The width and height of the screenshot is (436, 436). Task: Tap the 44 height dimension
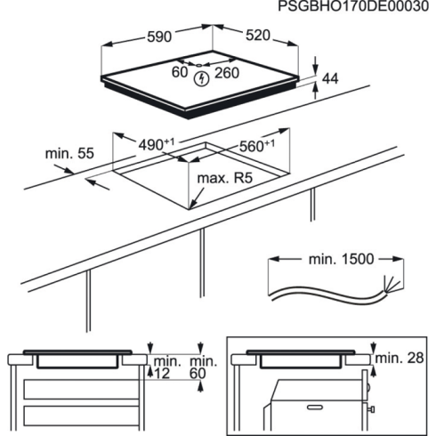[x=330, y=79]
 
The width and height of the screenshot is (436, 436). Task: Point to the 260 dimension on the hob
[x=228, y=74]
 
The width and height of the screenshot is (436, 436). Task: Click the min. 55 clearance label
[x=69, y=154]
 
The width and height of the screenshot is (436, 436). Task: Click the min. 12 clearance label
[x=166, y=366]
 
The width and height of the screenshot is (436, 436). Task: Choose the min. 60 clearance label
[x=203, y=366]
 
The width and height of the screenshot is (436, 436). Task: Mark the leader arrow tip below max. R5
[x=192, y=208]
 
